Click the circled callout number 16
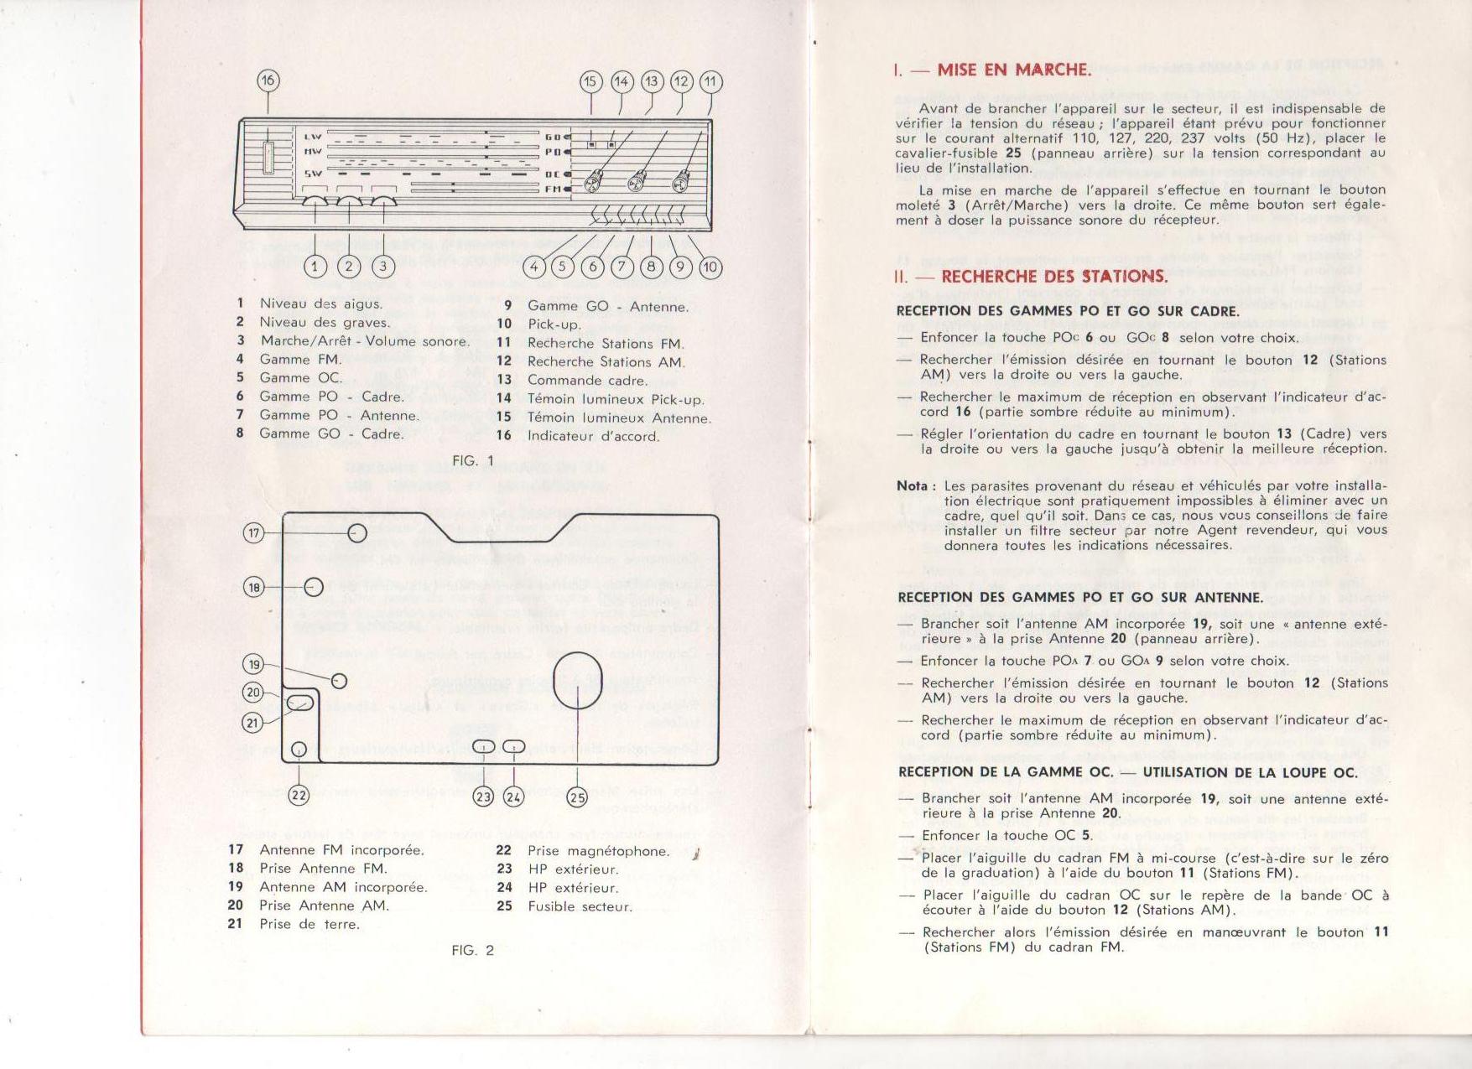point(268,80)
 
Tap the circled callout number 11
point(711,81)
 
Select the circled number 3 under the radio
point(383,267)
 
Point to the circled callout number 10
point(710,267)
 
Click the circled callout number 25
point(577,797)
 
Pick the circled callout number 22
point(299,795)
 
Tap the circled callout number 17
point(254,533)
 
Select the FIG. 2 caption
point(473,950)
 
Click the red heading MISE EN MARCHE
point(1013,70)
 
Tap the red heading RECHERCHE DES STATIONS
point(1053,277)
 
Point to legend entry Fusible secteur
point(580,906)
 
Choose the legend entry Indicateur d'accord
point(593,436)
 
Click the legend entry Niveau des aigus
point(320,304)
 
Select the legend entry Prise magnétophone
point(598,851)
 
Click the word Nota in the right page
point(912,485)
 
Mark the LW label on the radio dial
point(313,137)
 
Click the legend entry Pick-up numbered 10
point(554,324)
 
